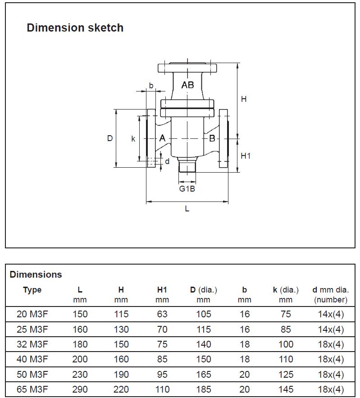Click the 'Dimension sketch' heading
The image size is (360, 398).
click(75, 28)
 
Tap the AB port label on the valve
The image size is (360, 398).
click(188, 85)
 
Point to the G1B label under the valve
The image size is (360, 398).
click(187, 188)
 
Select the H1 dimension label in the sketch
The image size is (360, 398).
click(245, 156)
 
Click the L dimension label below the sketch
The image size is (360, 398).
click(187, 209)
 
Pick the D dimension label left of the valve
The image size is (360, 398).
click(109, 138)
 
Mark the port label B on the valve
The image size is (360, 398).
click(212, 138)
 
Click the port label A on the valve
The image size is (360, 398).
click(162, 138)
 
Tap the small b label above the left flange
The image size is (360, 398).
click(151, 85)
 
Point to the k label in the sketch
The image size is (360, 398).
click(133, 139)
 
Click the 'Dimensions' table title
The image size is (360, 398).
click(36, 274)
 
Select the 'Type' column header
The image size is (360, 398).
click(32, 290)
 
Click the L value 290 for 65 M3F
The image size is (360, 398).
click(80, 389)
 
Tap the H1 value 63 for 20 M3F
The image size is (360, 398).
click(162, 314)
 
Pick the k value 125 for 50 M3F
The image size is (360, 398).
click(286, 375)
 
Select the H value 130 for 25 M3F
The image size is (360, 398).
click(121, 329)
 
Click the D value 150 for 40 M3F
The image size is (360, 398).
click(203, 359)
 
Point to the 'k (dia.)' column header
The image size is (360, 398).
click(286, 290)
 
